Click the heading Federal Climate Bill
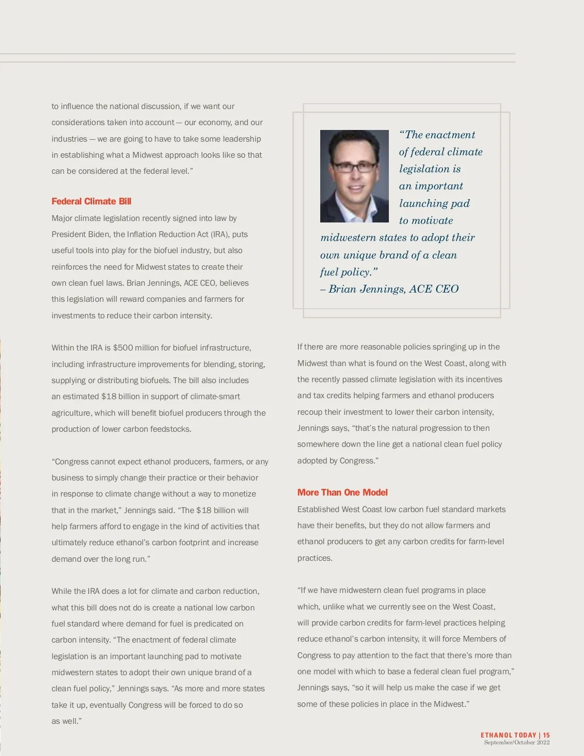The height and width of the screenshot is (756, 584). click(91, 202)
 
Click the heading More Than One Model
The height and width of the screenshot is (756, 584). click(343, 493)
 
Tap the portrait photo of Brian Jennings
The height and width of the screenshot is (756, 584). click(354, 176)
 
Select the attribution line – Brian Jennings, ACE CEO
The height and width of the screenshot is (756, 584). click(389, 289)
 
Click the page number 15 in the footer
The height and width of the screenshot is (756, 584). click(547, 735)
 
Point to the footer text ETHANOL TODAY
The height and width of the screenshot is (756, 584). click(508, 735)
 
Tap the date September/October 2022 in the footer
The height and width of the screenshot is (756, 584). click(516, 742)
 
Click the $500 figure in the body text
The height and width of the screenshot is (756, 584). click(123, 348)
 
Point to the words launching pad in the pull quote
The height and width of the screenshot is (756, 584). click(434, 203)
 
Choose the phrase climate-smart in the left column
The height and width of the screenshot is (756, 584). click(215, 397)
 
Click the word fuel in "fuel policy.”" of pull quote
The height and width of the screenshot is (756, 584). click(329, 272)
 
